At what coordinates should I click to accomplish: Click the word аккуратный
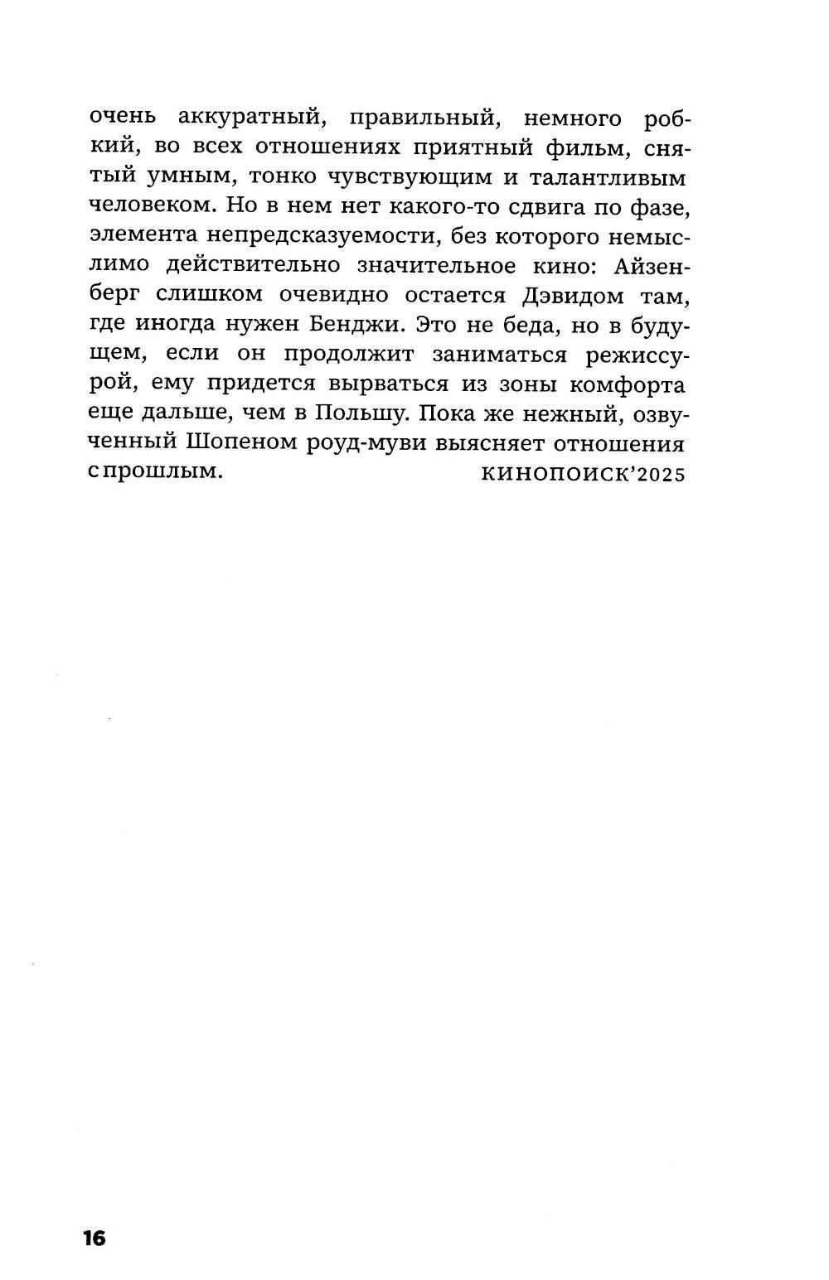coord(249,118)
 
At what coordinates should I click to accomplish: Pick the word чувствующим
coord(424,177)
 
